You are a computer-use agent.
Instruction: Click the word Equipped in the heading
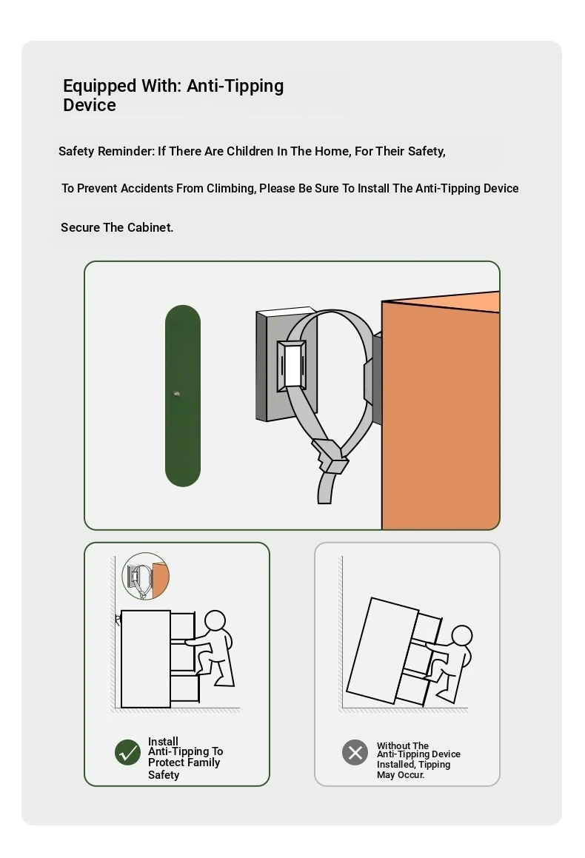click(99, 87)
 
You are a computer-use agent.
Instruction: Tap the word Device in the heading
click(89, 105)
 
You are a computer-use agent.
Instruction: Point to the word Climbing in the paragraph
click(231, 189)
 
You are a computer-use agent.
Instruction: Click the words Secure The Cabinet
click(117, 227)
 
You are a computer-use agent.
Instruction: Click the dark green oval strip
click(183, 395)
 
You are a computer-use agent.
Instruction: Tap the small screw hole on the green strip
click(176, 393)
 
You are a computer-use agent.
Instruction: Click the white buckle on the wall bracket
click(292, 366)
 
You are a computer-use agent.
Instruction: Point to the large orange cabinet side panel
click(441, 416)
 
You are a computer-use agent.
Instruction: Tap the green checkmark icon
click(127, 752)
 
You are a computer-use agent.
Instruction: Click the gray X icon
click(355, 752)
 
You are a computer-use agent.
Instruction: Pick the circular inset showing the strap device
click(146, 576)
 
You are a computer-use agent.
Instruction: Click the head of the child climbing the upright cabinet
click(215, 621)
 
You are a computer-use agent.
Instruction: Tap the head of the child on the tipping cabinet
click(462, 637)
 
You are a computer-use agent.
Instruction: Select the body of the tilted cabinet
click(382, 651)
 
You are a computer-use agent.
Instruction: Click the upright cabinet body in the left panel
click(146, 660)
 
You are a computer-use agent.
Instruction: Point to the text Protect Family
click(184, 763)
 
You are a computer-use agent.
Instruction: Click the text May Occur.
click(401, 775)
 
